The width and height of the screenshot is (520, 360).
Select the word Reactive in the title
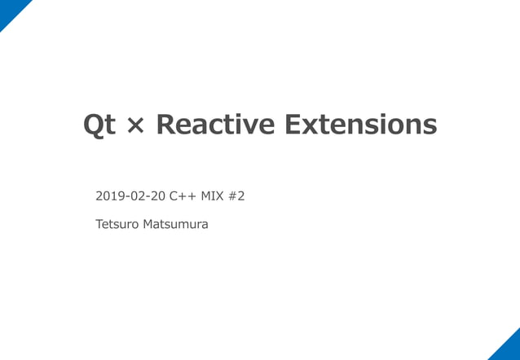pyautogui.click(x=214, y=125)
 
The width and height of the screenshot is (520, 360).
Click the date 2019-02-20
pyautogui.click(x=130, y=196)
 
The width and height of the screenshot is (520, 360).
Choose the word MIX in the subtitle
pyautogui.click(x=212, y=196)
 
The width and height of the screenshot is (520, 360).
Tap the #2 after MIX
pyautogui.click(x=236, y=196)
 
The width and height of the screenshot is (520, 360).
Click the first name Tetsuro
pyautogui.click(x=117, y=224)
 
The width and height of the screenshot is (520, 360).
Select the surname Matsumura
pyautogui.click(x=175, y=224)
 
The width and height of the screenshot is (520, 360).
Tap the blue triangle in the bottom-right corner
pyautogui.click(x=509, y=349)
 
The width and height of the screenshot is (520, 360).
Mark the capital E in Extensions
pyautogui.click(x=292, y=125)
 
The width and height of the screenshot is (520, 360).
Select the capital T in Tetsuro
pyautogui.click(x=99, y=224)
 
